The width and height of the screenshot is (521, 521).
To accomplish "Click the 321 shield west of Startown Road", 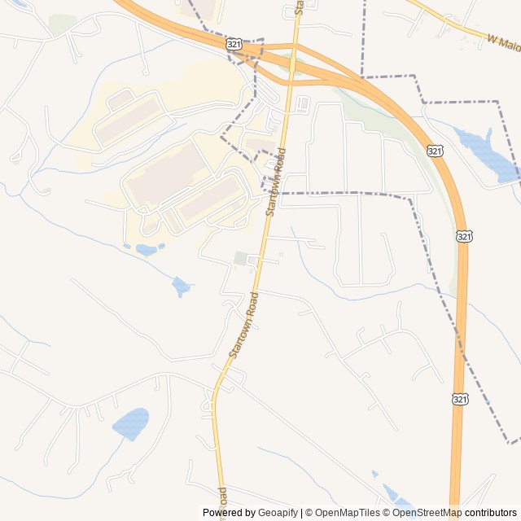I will pyautogui.click(x=234, y=43).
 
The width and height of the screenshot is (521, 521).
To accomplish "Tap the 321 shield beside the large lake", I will pyautogui.click(x=436, y=151).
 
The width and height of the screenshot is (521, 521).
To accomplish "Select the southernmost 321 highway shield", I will pyautogui.click(x=460, y=399).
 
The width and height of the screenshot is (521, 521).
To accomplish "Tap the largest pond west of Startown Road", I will pyautogui.click(x=130, y=423).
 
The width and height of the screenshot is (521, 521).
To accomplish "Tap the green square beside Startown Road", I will pyautogui.click(x=241, y=258).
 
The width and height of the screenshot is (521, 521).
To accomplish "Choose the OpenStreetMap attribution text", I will pyautogui.click(x=428, y=513).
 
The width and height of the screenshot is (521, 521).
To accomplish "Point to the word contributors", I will pyautogui.click(x=491, y=513).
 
